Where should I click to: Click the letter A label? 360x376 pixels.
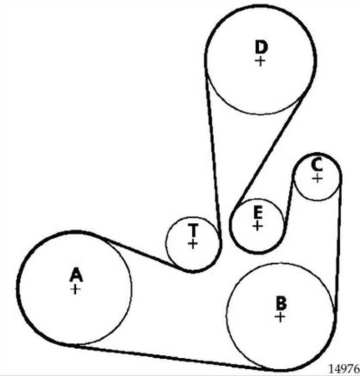76,275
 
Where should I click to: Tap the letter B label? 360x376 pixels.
281,303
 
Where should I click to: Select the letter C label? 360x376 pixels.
317,165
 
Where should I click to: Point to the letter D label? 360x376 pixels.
261,47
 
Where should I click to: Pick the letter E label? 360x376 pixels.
258,212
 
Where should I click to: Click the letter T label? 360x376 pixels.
193,230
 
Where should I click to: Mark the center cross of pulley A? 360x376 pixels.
75,290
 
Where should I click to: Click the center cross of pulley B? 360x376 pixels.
280,317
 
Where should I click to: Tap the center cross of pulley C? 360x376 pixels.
318,178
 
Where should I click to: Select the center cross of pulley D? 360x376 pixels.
260,61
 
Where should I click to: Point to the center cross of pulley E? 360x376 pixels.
257,226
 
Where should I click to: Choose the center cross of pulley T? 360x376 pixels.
192,244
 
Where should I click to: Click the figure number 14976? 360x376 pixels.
344,369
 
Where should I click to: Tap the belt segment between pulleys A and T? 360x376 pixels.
142,253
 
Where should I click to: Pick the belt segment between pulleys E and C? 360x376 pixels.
288,204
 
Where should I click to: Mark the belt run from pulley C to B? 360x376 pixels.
338,247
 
